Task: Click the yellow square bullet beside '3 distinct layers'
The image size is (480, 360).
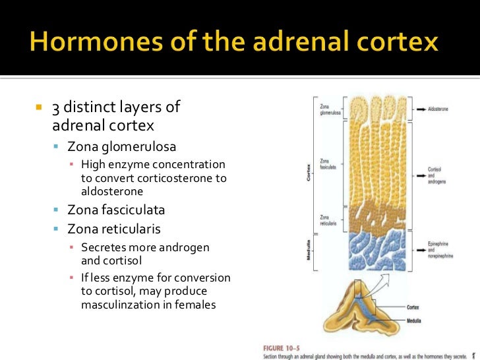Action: coord(38,107)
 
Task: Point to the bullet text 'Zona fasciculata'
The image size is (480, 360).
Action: coord(116,210)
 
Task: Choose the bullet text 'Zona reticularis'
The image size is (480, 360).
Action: coord(113,229)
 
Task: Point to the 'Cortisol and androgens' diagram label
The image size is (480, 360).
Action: coord(437,173)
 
